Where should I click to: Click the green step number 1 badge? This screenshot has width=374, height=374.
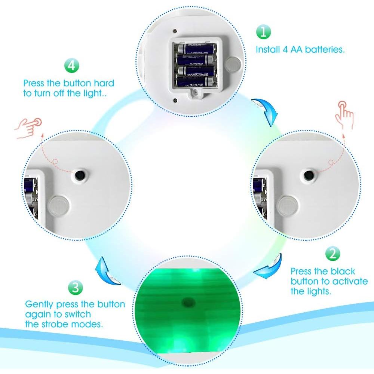point(263,32)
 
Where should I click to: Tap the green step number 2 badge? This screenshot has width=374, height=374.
point(332,254)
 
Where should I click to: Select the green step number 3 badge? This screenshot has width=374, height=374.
point(76,288)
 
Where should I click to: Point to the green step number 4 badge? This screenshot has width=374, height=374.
point(72,66)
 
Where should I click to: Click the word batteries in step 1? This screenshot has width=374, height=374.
point(325,49)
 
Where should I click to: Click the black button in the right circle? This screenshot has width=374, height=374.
point(309,175)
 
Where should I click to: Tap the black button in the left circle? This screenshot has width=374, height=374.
point(80,174)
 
